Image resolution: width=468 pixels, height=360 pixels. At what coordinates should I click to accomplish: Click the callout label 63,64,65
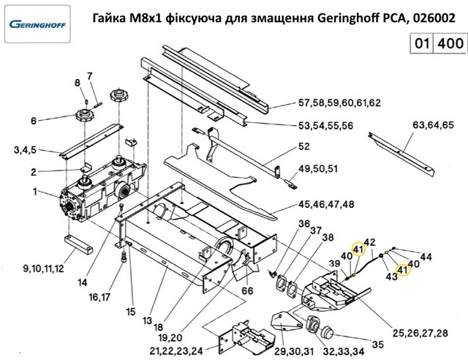coord(434,125)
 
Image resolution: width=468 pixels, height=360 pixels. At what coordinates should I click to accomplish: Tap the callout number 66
coord(248,291)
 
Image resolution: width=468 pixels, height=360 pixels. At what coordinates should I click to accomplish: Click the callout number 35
coord(377,345)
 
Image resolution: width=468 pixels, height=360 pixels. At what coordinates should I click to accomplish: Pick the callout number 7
coord(90,77)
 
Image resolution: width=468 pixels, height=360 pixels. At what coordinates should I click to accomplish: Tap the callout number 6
coord(33,121)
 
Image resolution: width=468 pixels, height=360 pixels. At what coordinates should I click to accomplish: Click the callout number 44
coord(427,256)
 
